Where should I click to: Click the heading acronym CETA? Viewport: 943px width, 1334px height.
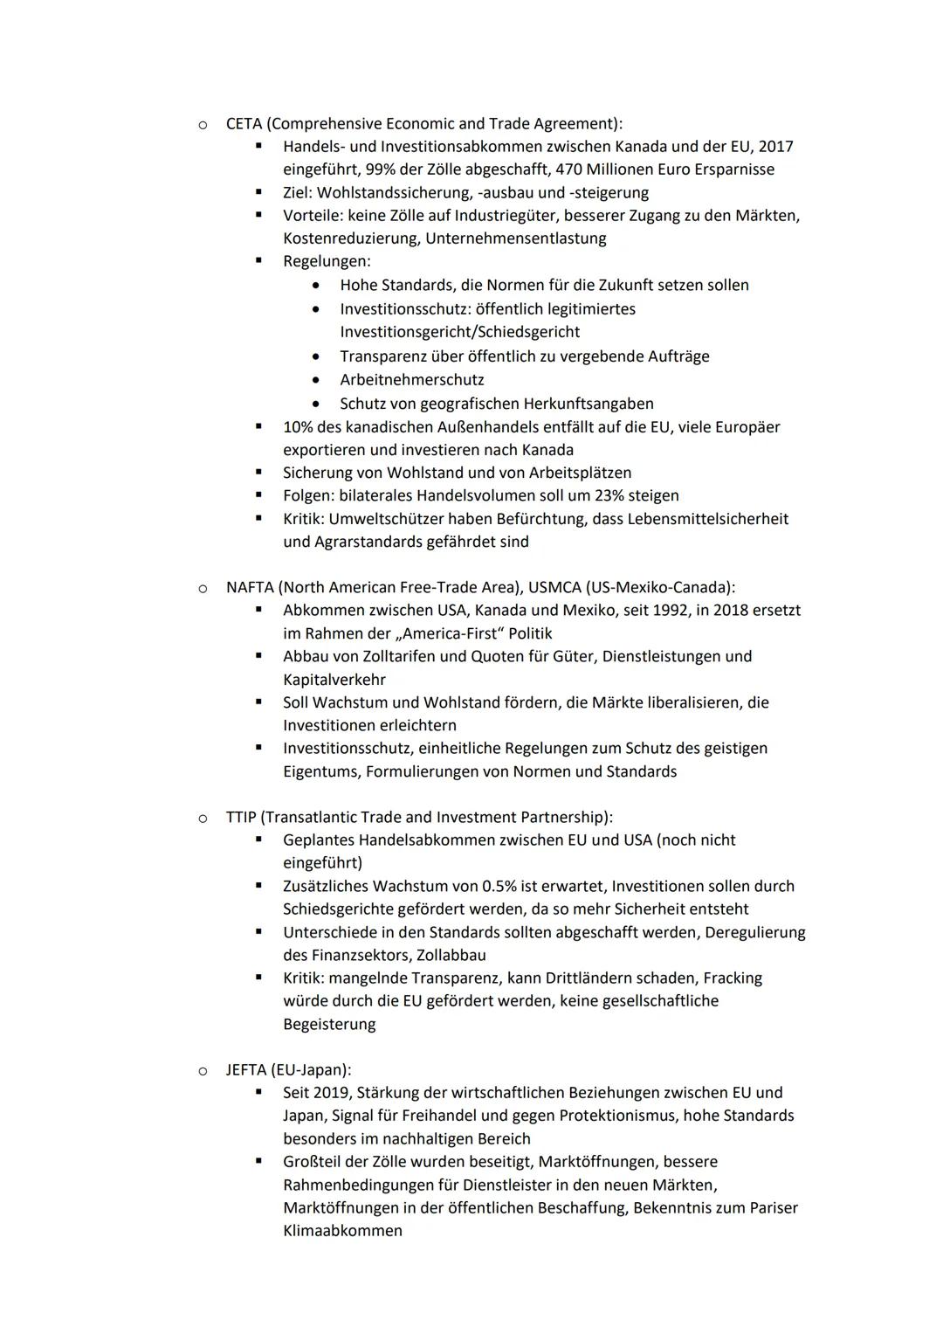pyautogui.click(x=244, y=124)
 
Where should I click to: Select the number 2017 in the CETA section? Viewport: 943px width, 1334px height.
pyautogui.click(x=775, y=147)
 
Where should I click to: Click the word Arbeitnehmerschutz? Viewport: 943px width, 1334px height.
pyautogui.click(x=411, y=380)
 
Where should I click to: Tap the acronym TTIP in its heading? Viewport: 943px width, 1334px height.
pyautogui.click(x=241, y=817)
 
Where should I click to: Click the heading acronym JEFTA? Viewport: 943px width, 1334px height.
pyautogui.click(x=245, y=1069)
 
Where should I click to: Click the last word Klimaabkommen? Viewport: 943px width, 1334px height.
pyautogui.click(x=342, y=1231)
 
